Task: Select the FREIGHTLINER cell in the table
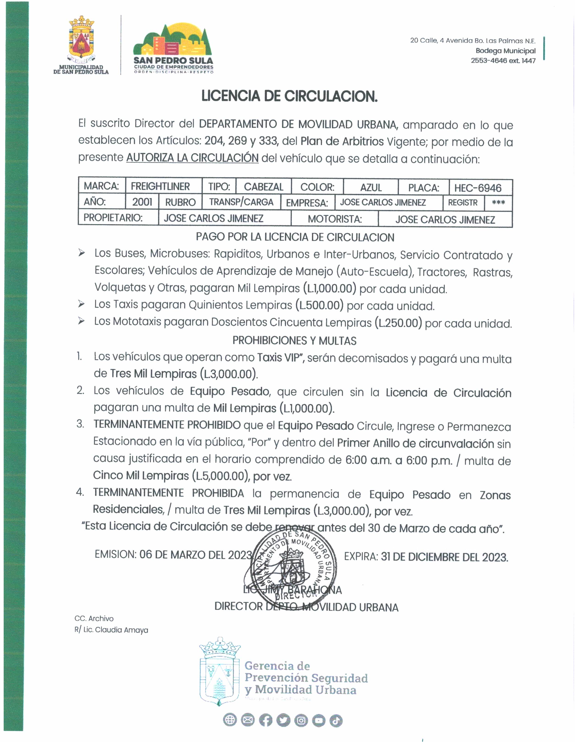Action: [160, 187]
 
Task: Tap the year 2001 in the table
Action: [142, 202]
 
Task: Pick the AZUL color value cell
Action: [371, 187]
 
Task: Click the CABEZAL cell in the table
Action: [263, 187]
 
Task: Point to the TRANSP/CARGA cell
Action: [241, 202]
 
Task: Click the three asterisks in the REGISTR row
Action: [498, 203]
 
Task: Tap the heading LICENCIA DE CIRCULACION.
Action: [289, 97]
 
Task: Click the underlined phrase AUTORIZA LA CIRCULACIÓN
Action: [192, 158]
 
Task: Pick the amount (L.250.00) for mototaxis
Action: [398, 323]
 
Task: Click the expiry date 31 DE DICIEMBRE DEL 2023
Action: [444, 557]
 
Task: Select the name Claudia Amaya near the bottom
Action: [121, 630]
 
